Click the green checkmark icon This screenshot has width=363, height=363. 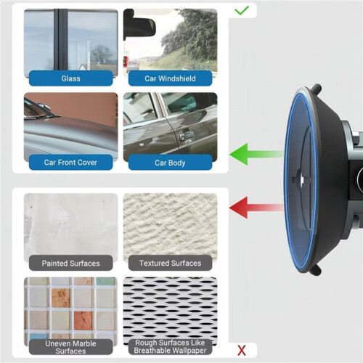[242, 10]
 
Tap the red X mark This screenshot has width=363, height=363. [242, 350]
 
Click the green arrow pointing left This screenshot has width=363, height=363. [256, 154]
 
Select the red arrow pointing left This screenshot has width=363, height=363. [256, 208]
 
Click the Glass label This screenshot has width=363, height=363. [70, 78]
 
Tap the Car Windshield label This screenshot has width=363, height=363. [170, 78]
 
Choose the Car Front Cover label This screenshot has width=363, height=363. [70, 163]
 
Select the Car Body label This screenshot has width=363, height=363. [170, 163]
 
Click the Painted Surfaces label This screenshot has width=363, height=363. [70, 263]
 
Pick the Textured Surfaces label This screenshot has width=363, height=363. [170, 263]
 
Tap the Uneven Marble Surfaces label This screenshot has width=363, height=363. [70, 347]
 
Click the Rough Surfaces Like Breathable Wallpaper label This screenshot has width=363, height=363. [170, 346]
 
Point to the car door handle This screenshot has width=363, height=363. [187, 136]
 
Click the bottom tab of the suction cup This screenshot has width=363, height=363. [316, 270]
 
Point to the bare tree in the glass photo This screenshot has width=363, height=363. [101, 55]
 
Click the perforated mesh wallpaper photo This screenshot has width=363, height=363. [170, 311]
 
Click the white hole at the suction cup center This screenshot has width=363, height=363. [302, 179]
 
